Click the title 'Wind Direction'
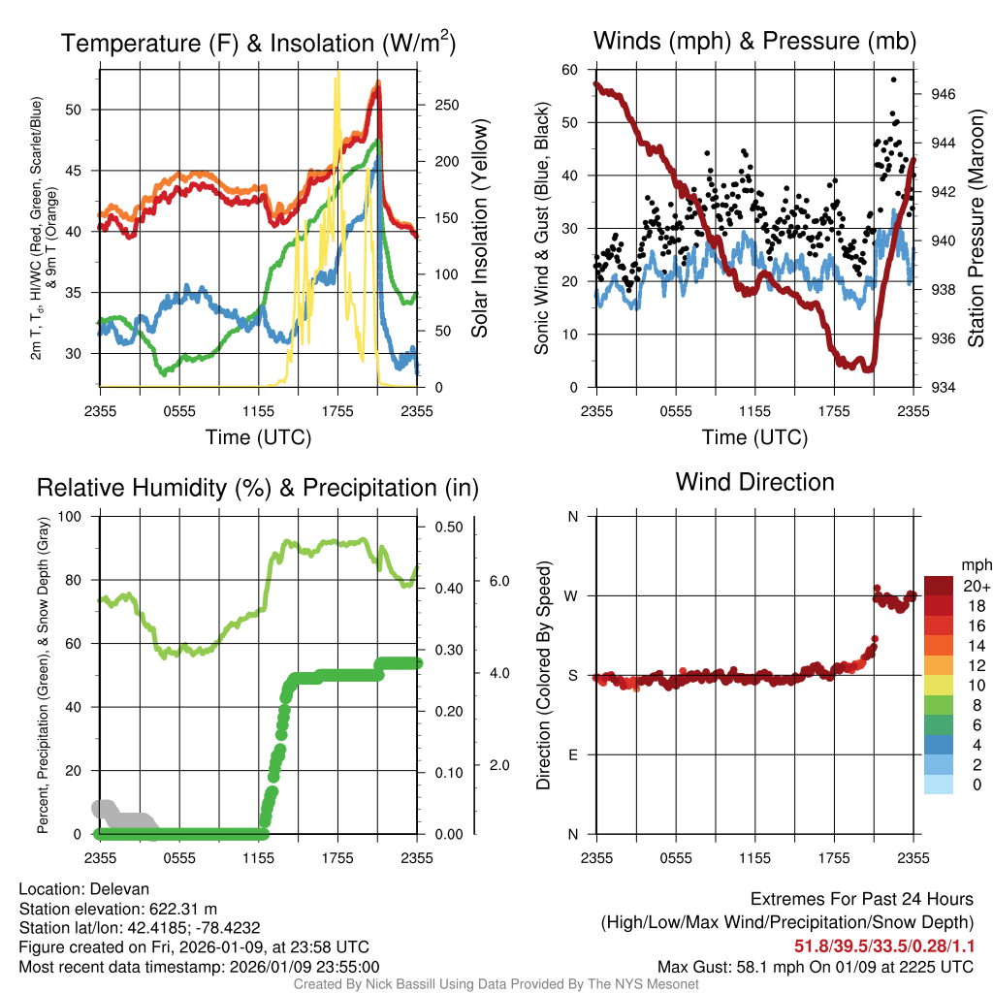[x=754, y=482]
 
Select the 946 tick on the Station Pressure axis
[x=943, y=94]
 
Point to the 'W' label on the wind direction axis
[x=571, y=595]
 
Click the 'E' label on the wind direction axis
[x=571, y=754]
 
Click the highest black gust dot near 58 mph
[x=893, y=80]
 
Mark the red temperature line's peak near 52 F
[x=378, y=84]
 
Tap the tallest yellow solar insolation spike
[x=336, y=74]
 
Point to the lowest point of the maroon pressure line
[x=869, y=368]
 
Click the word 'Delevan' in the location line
[x=121, y=889]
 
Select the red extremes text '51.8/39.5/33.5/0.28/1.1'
[x=884, y=946]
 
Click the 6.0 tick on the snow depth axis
[x=498, y=580]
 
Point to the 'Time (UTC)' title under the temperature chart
[x=258, y=437]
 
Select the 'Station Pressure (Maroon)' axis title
[x=977, y=229]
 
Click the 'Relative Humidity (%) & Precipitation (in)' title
[x=258, y=488]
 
